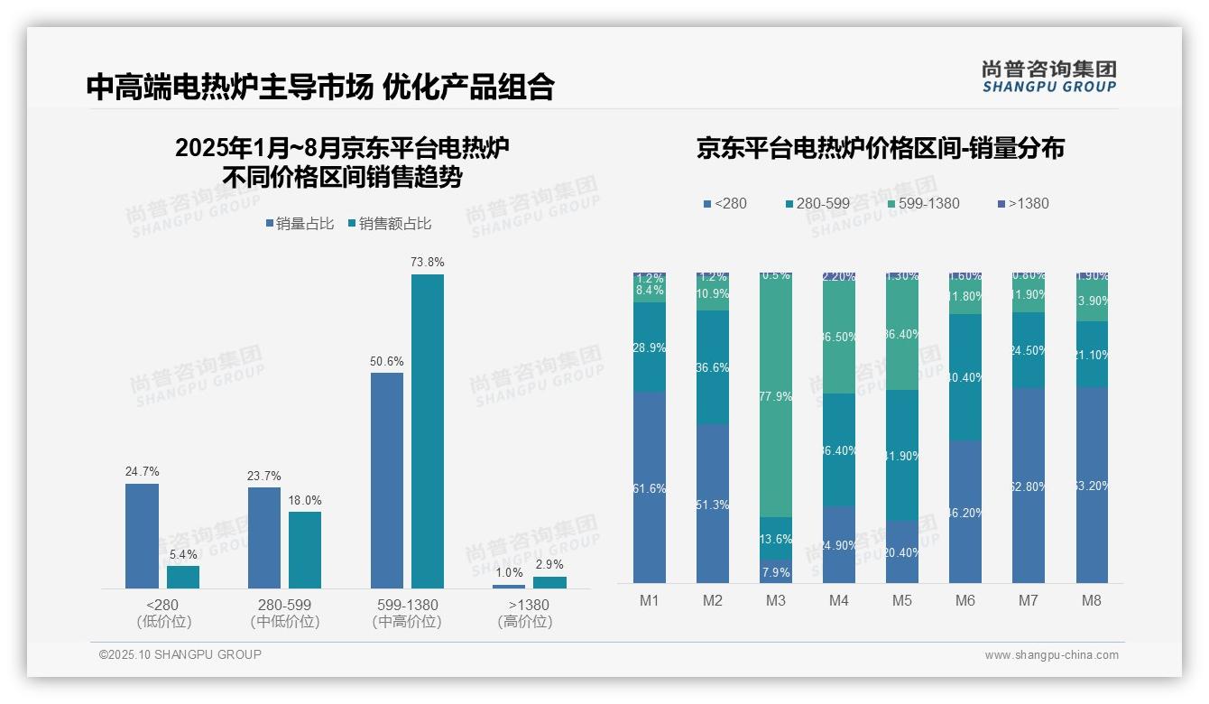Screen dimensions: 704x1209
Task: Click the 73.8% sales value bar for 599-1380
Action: point(428,431)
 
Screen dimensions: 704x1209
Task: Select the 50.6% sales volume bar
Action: point(386,480)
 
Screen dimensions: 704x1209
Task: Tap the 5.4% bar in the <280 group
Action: point(183,577)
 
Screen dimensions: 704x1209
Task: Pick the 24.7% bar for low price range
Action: point(142,536)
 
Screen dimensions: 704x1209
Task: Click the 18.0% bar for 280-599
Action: point(305,550)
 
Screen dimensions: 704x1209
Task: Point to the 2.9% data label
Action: point(549,565)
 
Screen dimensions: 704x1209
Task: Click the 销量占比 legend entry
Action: point(300,224)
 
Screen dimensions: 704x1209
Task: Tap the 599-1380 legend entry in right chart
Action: point(922,203)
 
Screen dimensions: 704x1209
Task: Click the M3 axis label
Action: point(776,601)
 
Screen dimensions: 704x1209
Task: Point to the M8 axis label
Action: point(1092,601)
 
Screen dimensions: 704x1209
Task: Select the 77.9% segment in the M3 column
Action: point(776,397)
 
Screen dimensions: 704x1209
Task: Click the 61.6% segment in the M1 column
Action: point(650,487)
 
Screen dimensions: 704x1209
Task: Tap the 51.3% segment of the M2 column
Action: point(713,504)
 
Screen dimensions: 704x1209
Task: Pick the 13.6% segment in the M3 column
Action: point(776,539)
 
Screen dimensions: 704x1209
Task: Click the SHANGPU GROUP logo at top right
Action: point(1048,77)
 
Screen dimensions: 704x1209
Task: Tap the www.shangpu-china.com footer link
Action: point(1051,655)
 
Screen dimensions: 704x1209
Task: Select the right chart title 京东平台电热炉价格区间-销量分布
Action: point(880,149)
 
